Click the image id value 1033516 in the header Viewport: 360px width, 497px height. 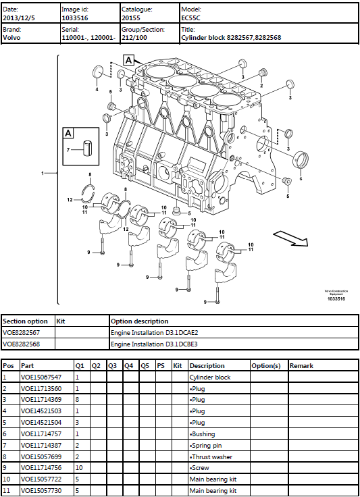[x=74, y=19]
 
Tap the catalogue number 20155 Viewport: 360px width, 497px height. [x=130, y=19]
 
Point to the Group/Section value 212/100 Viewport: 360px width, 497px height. [x=134, y=38]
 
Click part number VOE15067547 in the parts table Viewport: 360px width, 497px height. [x=41, y=377]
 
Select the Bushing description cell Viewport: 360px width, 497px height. [x=203, y=434]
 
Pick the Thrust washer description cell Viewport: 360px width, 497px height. [x=210, y=456]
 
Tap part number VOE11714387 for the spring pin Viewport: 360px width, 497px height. [x=41, y=445]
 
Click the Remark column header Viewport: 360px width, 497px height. [x=301, y=366]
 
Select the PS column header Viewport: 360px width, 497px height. [x=161, y=366]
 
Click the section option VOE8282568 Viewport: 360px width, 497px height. [x=22, y=344]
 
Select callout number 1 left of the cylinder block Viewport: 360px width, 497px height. [x=43, y=174]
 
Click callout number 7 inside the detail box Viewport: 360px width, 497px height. [x=68, y=149]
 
